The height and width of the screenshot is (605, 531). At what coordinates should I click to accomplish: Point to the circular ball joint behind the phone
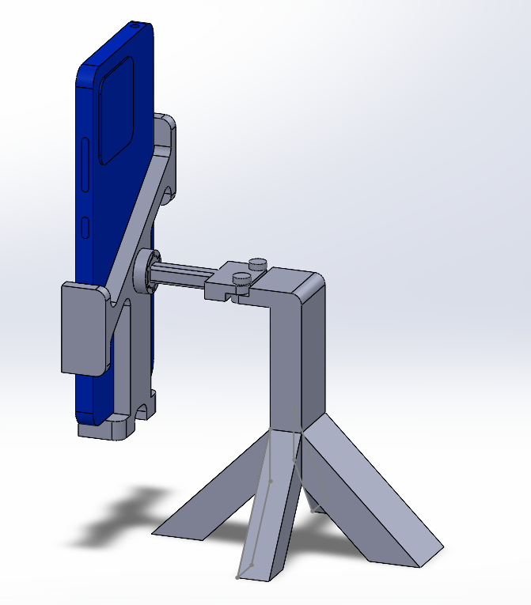click(x=147, y=271)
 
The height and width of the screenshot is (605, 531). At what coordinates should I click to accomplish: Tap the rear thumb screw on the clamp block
click(x=257, y=263)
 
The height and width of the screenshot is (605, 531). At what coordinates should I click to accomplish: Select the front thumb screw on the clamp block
click(x=241, y=279)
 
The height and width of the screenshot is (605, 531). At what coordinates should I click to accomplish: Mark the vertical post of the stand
click(x=294, y=356)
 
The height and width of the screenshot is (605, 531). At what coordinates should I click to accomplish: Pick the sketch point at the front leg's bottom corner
click(x=238, y=577)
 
